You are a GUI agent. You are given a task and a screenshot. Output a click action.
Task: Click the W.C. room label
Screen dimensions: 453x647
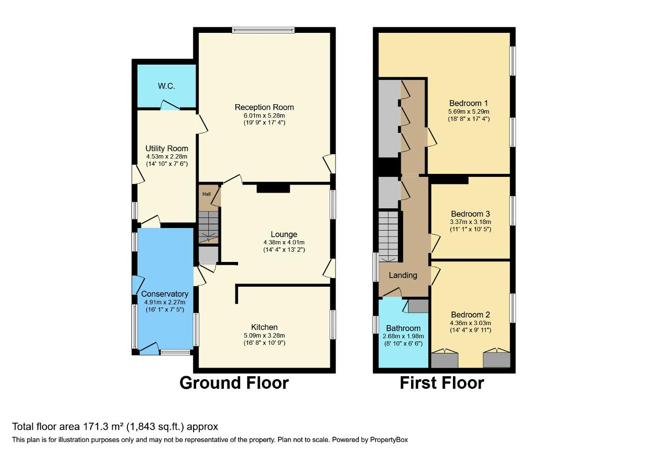166,86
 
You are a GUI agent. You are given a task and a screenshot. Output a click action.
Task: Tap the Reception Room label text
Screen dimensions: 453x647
264,107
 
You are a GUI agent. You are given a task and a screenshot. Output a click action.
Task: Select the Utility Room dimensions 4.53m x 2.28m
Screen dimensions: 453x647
166,157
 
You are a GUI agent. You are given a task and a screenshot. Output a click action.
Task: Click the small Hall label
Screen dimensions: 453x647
207,194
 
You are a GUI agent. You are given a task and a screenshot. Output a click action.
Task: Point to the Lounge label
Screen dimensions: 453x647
284,234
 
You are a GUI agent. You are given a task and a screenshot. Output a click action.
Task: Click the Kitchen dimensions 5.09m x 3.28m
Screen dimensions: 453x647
264,335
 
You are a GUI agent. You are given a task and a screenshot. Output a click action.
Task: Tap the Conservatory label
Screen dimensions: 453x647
165,294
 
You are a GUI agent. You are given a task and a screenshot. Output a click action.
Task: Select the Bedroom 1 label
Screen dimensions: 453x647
469,103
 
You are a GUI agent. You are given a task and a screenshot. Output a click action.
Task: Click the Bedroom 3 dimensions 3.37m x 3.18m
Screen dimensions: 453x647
470,221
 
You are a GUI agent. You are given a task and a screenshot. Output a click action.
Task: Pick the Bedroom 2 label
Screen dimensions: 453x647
470,314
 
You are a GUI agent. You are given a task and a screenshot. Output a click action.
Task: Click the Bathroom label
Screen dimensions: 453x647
403,328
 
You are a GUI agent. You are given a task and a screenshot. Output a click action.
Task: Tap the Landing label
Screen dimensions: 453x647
403,276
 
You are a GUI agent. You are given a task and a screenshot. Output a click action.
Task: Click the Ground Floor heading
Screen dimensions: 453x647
234,383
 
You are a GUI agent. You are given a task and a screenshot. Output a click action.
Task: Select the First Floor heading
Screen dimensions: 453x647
441,383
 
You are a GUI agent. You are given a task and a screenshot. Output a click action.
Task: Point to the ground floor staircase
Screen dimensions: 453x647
208,226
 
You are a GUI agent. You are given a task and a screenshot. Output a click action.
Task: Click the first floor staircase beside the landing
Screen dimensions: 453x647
389,235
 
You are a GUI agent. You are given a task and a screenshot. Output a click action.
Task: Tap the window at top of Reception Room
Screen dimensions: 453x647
263,30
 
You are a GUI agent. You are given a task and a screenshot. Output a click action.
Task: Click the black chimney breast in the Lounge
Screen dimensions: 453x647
273,188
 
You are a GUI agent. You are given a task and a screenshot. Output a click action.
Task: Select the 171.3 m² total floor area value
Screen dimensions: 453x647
93,426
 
